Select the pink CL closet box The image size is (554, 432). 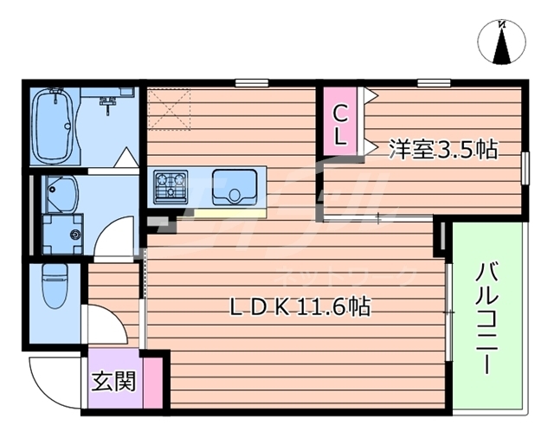tap(341, 124)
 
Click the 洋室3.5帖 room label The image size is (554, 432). tap(442, 149)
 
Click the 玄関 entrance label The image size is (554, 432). tap(113, 380)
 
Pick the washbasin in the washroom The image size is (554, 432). tap(61, 191)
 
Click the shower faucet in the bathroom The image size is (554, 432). tap(108, 104)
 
